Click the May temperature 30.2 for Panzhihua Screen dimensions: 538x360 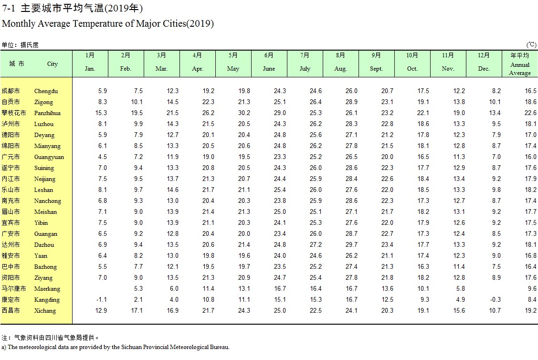tap(244, 113)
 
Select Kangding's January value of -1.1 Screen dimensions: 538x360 tap(101, 299)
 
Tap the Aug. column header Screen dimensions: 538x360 tap(340, 69)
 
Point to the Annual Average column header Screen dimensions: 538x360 tap(520, 69)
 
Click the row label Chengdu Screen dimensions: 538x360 tap(46, 91)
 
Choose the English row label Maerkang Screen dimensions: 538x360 tap(47, 289)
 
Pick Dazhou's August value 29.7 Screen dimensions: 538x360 tap(351, 244)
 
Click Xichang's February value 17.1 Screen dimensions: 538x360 tap(137, 310)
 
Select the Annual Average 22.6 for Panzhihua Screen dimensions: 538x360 tap(530, 113)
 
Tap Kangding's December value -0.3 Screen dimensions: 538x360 tap(495, 299)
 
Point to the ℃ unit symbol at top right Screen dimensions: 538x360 tap(531, 45)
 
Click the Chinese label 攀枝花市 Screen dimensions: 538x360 tap(14, 113)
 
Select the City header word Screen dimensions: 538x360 tap(53, 64)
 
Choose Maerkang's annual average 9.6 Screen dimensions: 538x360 tap(532, 288)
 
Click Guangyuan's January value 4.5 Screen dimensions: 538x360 tap(102, 157)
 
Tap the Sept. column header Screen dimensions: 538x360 tap(376, 69)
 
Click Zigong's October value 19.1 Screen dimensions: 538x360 tap(423, 102)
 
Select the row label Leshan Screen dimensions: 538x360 tap(43, 190)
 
